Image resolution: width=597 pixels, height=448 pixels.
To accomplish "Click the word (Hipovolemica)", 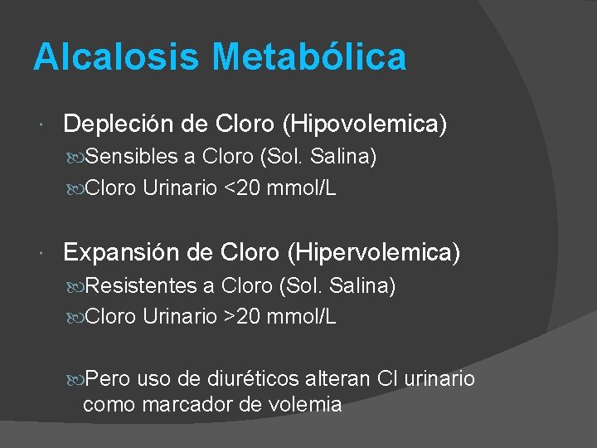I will [x=365, y=124].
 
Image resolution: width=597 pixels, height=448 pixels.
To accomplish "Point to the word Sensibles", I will [x=132, y=157].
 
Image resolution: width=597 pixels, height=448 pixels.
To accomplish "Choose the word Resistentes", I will [x=141, y=286].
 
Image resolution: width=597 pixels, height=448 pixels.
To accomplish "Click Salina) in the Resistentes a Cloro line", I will [x=362, y=286].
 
